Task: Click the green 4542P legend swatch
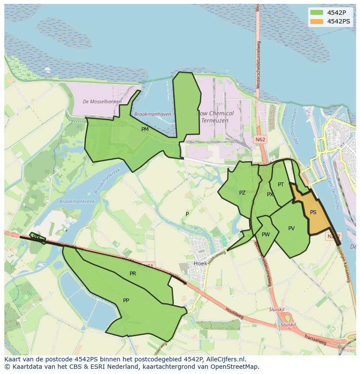pyautogui.click(x=317, y=13)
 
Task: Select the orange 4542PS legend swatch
pyautogui.click(x=317, y=21)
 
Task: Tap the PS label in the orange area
pyautogui.click(x=313, y=212)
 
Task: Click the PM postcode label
pyautogui.click(x=145, y=129)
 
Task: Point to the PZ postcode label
pyautogui.click(x=242, y=193)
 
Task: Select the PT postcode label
pyautogui.click(x=281, y=185)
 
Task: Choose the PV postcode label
pyautogui.click(x=291, y=228)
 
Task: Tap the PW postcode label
pyautogui.click(x=266, y=235)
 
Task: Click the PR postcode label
pyautogui.click(x=133, y=274)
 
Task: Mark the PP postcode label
pyautogui.click(x=126, y=300)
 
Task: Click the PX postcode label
pyautogui.click(x=270, y=195)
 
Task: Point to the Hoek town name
pyautogui.click(x=200, y=263)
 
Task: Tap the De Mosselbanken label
pyautogui.click(x=102, y=102)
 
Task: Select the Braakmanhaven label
pyautogui.click(x=153, y=114)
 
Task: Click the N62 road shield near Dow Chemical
pyautogui.click(x=260, y=139)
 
